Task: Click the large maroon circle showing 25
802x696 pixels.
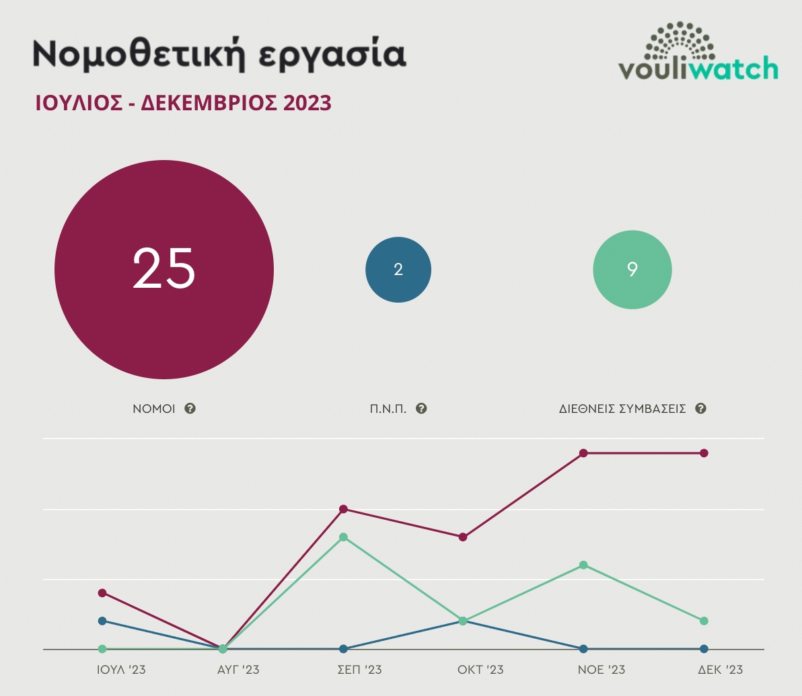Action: [x=164, y=270]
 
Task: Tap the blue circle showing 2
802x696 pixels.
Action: [x=398, y=270]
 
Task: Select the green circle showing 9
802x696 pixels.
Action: [x=632, y=270]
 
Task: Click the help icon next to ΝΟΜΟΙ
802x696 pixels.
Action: [x=190, y=408]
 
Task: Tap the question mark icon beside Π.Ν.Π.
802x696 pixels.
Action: [x=422, y=408]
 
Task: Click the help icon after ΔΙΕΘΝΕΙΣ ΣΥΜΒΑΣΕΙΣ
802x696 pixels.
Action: [x=700, y=408]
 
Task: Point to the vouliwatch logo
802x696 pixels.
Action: [x=698, y=52]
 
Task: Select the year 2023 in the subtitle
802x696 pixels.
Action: [x=307, y=103]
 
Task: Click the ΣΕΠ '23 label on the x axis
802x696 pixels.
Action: [x=359, y=670]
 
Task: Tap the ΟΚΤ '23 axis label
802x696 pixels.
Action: [x=480, y=670]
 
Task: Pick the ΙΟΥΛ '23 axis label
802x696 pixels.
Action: [x=121, y=670]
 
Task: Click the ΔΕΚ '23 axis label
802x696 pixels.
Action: [x=720, y=670]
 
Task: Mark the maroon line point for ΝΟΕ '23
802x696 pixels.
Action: [x=583, y=453]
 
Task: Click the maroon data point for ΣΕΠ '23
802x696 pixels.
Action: [x=343, y=509]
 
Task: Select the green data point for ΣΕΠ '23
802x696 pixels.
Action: [x=343, y=537]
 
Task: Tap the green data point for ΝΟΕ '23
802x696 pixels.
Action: [x=583, y=565]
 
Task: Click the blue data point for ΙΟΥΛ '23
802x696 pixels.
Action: [x=102, y=621]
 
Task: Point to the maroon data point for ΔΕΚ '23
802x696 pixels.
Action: [x=704, y=453]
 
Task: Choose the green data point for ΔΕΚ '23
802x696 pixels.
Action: [x=704, y=621]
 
